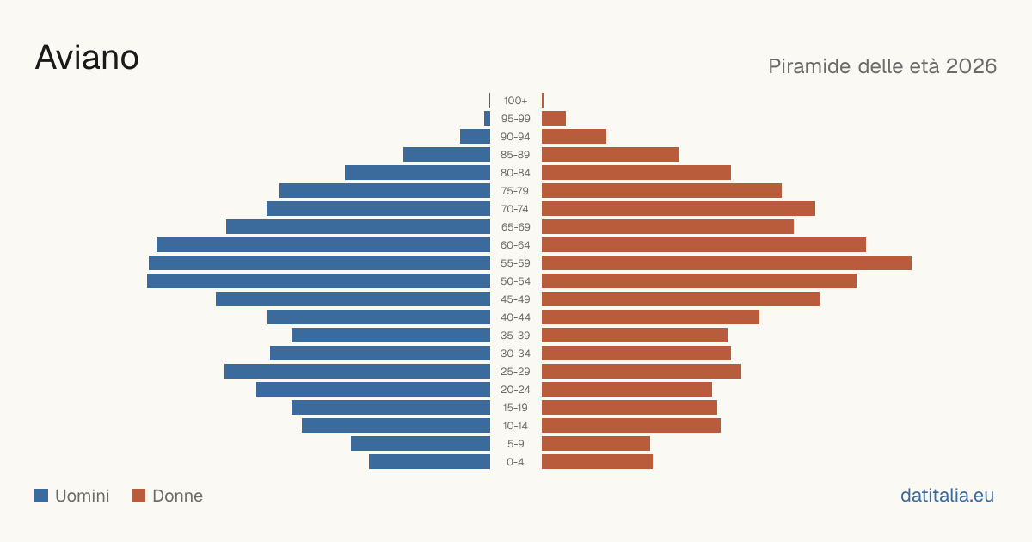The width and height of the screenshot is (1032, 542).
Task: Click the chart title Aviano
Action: click(x=87, y=58)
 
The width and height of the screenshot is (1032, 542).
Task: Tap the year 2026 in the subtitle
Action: click(x=971, y=66)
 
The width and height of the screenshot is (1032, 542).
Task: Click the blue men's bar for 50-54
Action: click(x=318, y=280)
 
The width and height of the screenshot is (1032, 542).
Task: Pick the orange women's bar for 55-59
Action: click(x=727, y=262)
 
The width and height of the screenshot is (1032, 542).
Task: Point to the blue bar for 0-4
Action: click(x=429, y=461)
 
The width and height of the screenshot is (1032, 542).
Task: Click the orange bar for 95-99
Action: click(x=554, y=119)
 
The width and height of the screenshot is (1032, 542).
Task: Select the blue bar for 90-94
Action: click(x=475, y=137)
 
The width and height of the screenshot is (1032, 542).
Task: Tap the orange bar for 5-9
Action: click(x=596, y=443)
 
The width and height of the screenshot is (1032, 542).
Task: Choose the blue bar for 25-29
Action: click(x=357, y=371)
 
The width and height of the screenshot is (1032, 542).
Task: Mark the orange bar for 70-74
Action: click(x=679, y=208)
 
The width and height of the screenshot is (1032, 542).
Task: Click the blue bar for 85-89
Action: click(x=446, y=154)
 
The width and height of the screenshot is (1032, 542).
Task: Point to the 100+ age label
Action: click(x=515, y=101)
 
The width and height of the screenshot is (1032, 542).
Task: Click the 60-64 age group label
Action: click(x=515, y=244)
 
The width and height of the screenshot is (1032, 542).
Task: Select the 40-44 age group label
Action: click(x=515, y=317)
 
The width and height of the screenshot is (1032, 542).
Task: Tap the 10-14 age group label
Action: click(x=515, y=425)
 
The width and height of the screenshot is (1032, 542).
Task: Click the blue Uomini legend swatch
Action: click(x=41, y=496)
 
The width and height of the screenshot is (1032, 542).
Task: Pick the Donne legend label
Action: click(x=177, y=496)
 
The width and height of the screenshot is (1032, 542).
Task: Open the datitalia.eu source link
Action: click(x=947, y=496)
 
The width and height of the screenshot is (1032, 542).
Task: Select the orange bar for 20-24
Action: click(x=627, y=389)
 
